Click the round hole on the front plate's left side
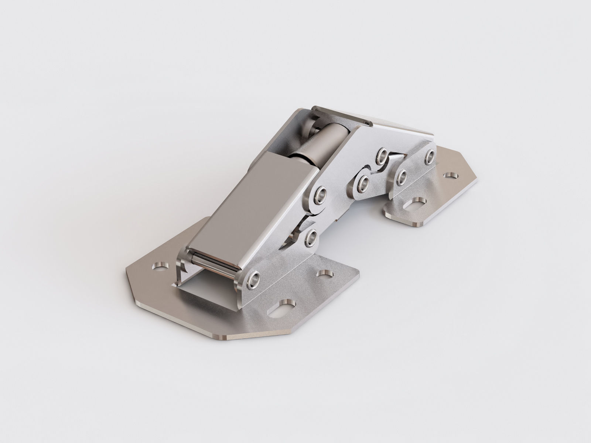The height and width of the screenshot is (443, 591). click(160, 265)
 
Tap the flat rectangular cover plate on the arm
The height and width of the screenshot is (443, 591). click(251, 207)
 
